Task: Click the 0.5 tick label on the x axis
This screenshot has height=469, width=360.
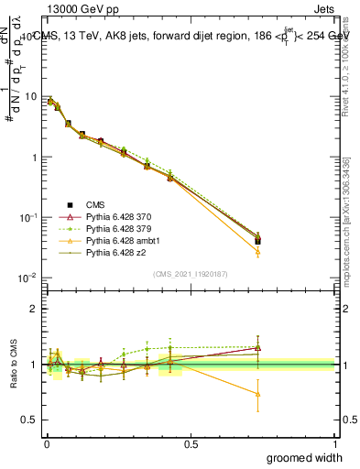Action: coord(191,442)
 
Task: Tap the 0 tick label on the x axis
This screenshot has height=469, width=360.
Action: coord(46,442)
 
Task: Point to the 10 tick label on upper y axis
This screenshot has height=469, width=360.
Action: coord(29,97)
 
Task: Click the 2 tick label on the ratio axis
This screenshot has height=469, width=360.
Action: coord(33,309)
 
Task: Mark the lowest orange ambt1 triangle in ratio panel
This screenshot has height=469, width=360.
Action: coord(258,395)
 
